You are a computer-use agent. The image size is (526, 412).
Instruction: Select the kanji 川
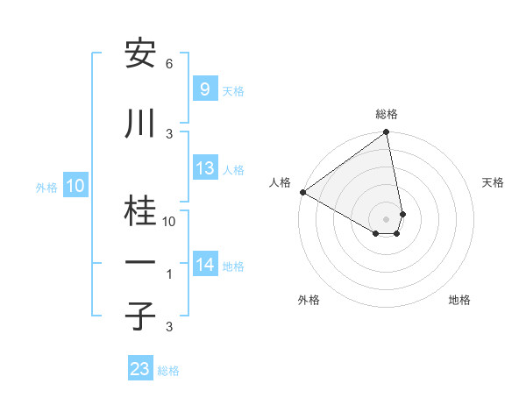(x=140, y=125)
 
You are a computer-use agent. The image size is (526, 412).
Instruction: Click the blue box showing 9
(x=204, y=89)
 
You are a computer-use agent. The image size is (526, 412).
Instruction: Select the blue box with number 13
(x=204, y=168)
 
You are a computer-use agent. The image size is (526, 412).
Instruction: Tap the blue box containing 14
(x=205, y=265)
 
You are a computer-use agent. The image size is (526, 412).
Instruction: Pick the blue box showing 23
(x=140, y=369)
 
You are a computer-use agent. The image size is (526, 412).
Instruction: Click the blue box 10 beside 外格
(x=75, y=186)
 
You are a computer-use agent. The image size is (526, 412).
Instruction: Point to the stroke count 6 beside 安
(x=169, y=64)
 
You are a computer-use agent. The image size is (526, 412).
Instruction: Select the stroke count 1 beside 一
(x=169, y=274)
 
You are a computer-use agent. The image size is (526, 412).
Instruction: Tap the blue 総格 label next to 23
(x=168, y=371)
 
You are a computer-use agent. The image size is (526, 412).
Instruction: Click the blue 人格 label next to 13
(x=233, y=169)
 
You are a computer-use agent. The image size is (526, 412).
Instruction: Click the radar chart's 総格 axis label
(x=387, y=114)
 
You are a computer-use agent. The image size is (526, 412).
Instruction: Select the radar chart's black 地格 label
(x=459, y=300)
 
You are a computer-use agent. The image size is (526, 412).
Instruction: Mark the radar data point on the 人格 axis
(x=302, y=192)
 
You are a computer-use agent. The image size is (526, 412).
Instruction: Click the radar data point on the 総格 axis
(x=387, y=133)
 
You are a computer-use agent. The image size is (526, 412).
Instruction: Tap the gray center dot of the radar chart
(x=387, y=218)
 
